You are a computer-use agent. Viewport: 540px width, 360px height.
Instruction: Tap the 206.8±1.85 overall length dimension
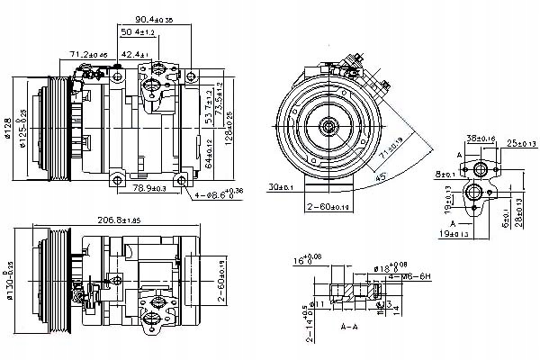(x=131, y=221)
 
